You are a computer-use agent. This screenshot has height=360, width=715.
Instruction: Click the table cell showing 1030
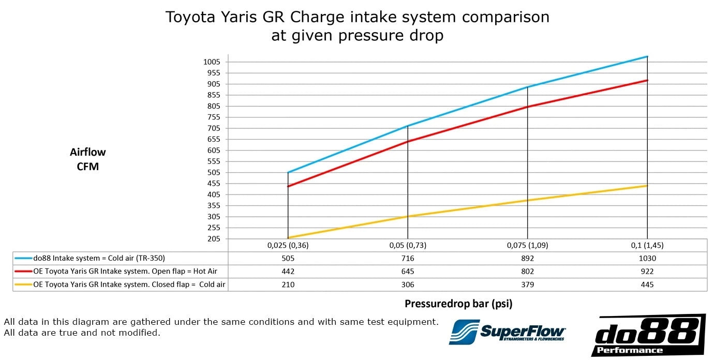click(647, 258)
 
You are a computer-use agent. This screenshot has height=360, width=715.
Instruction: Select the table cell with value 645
click(408, 272)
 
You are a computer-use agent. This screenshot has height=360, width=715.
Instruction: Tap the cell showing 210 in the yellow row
click(288, 284)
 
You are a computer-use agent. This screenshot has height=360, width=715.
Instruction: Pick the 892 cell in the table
click(527, 258)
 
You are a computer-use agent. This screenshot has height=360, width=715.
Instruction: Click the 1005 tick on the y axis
click(212, 62)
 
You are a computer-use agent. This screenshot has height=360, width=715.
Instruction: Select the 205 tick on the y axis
click(214, 239)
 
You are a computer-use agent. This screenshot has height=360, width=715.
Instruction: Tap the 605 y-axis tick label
click(214, 151)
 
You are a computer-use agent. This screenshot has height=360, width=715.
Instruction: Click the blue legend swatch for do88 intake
click(23, 258)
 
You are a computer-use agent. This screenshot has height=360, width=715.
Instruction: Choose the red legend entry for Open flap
click(23, 272)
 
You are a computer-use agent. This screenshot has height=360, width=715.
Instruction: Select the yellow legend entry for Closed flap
click(23, 284)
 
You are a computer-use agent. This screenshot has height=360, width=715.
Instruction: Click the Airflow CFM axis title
click(87, 159)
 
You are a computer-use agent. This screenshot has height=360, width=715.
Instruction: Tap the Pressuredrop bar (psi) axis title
click(458, 304)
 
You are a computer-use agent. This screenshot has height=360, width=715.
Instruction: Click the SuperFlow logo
click(507, 332)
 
